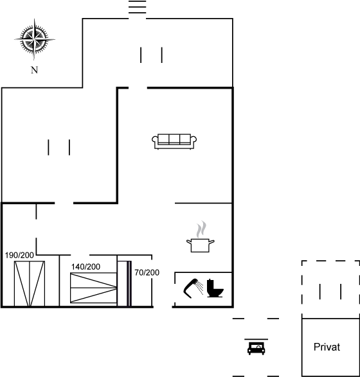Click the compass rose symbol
35,39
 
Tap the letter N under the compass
35,70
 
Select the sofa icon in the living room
174,141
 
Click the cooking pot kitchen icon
201,245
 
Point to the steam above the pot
201,229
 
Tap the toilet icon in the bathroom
215,288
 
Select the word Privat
327,347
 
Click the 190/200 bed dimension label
19,256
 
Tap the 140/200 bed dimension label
85,267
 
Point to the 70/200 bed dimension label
147,272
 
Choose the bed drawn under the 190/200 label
30,284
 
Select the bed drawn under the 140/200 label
94,288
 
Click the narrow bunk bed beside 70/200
125,284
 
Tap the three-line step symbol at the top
137,7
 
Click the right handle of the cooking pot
212,241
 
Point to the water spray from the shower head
199,288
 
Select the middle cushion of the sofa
174,139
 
